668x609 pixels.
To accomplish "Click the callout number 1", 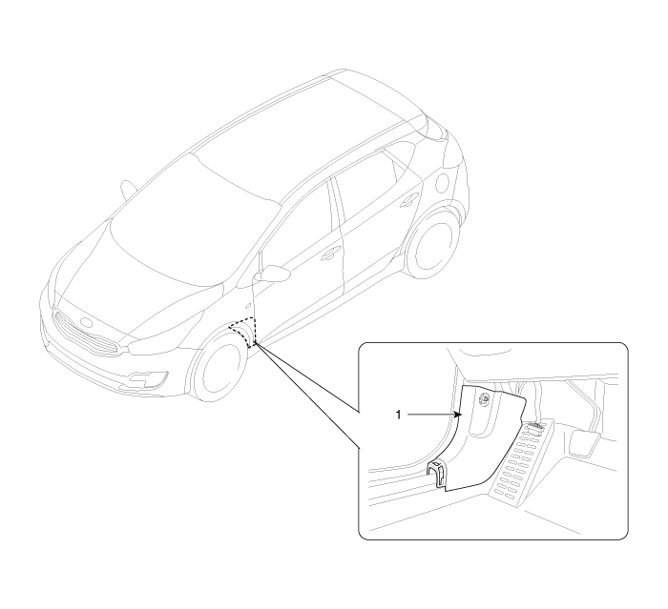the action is pyautogui.click(x=398, y=415).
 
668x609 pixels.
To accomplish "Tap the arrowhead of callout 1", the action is pyautogui.click(x=457, y=415).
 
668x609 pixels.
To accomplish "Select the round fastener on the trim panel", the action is pyautogui.click(x=484, y=398).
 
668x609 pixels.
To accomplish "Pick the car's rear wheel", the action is pyautogui.click(x=432, y=243).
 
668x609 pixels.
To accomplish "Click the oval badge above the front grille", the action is pyautogui.click(x=86, y=322).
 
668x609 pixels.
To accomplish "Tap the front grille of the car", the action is pyautogui.click(x=87, y=332).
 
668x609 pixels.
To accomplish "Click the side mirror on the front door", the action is pyautogui.click(x=272, y=274).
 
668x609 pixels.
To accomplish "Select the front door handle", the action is pyautogui.click(x=329, y=254).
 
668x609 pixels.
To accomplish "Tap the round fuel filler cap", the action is pyautogui.click(x=443, y=182).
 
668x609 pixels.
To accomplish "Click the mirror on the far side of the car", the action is pyautogui.click(x=128, y=190).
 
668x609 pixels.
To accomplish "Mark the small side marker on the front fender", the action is pyautogui.click(x=248, y=306).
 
